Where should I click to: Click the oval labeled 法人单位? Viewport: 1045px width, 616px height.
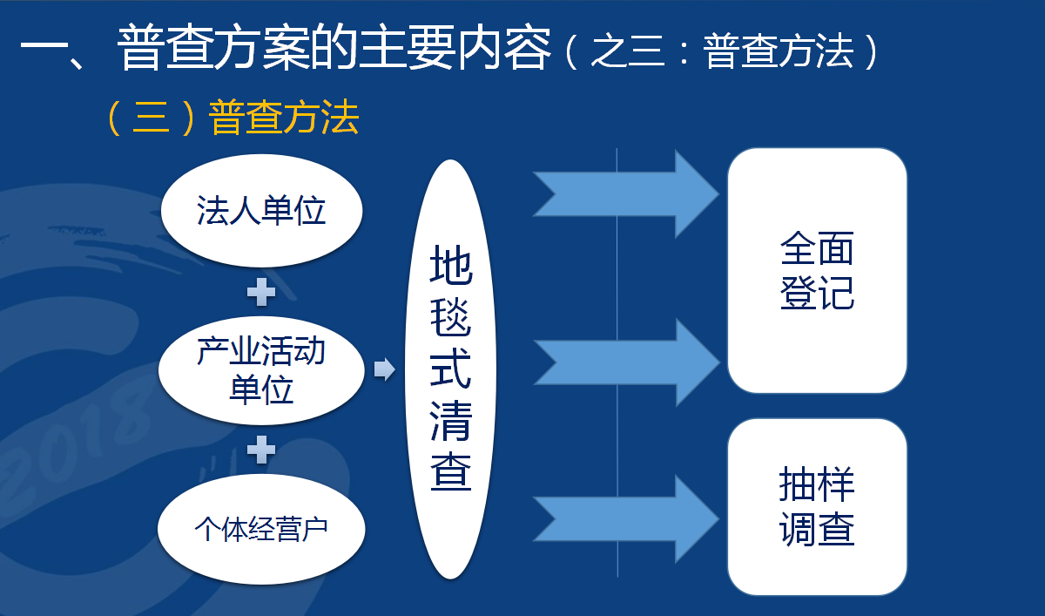[x=262, y=211]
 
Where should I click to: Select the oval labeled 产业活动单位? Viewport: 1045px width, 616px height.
[x=262, y=370]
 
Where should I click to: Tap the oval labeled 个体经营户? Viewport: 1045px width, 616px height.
[x=262, y=529]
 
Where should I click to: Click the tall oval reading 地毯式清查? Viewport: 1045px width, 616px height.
[x=450, y=369]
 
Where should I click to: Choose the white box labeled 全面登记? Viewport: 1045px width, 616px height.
[x=818, y=271]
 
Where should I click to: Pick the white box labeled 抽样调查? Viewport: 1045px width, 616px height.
[x=818, y=507]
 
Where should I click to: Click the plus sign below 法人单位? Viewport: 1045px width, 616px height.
[x=261, y=292]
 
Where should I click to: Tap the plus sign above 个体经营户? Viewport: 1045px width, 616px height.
[x=261, y=450]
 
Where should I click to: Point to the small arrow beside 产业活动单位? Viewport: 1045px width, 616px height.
[x=384, y=369]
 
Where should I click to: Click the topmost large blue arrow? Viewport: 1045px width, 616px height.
[x=626, y=194]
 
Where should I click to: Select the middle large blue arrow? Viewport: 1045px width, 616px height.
[x=626, y=362]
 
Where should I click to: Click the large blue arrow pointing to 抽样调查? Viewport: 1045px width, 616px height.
[x=626, y=519]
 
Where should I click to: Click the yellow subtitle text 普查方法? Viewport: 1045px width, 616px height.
[x=284, y=117]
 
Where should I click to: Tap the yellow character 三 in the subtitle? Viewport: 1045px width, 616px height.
[x=152, y=117]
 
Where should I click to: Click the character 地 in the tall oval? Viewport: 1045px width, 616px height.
[x=451, y=264]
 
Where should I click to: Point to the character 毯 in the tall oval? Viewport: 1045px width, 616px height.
[x=451, y=317]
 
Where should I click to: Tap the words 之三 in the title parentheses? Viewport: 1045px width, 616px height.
[x=628, y=51]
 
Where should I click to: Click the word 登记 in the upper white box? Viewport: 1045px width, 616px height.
[x=818, y=293]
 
